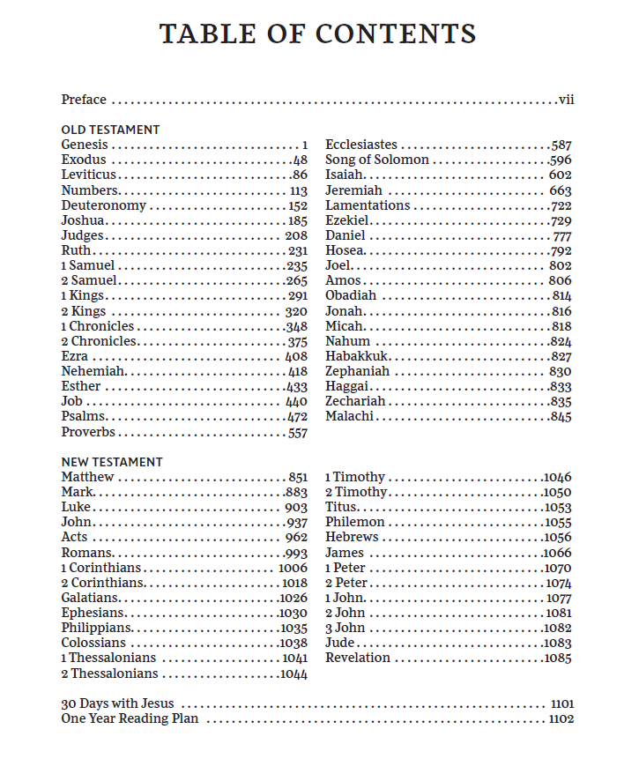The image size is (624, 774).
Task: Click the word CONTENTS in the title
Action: coord(396,34)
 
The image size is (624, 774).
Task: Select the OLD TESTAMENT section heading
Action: coord(110,130)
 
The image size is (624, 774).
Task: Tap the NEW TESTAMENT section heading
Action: coord(112,462)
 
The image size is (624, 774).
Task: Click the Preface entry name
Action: coord(84,100)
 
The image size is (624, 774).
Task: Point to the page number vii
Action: coord(566,100)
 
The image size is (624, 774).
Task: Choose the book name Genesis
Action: coord(85,145)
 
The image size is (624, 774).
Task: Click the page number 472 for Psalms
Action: coord(297,417)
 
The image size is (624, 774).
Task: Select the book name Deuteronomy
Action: coord(104,205)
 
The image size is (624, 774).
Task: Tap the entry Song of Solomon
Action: coord(377,160)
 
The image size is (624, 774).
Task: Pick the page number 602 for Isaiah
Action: coord(560,175)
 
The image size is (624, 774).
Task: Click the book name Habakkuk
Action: coord(357,356)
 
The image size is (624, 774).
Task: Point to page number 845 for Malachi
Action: coord(561,417)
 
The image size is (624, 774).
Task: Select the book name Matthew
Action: coord(87,477)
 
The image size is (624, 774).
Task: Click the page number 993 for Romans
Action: coord(297,553)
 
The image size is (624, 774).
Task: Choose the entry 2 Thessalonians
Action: coord(109,674)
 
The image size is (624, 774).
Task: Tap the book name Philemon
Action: coord(355,523)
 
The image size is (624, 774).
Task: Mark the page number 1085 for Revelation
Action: coord(558,659)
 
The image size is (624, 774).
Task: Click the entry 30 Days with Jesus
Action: coord(117,703)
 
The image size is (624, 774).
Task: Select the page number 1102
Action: coord(561,719)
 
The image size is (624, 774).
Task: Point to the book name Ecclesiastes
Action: coord(361,145)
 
